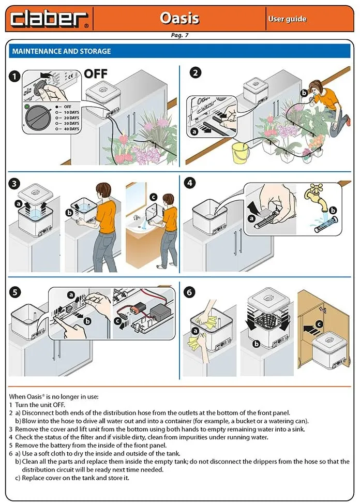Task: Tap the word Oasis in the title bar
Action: point(179,18)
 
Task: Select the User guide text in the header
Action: point(287,19)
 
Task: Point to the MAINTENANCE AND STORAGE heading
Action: point(61,52)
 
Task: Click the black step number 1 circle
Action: point(16,76)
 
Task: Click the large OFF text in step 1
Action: point(96,73)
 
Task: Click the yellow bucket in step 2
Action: point(239,153)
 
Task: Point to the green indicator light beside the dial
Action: point(26,107)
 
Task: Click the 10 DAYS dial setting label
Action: point(68,112)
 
